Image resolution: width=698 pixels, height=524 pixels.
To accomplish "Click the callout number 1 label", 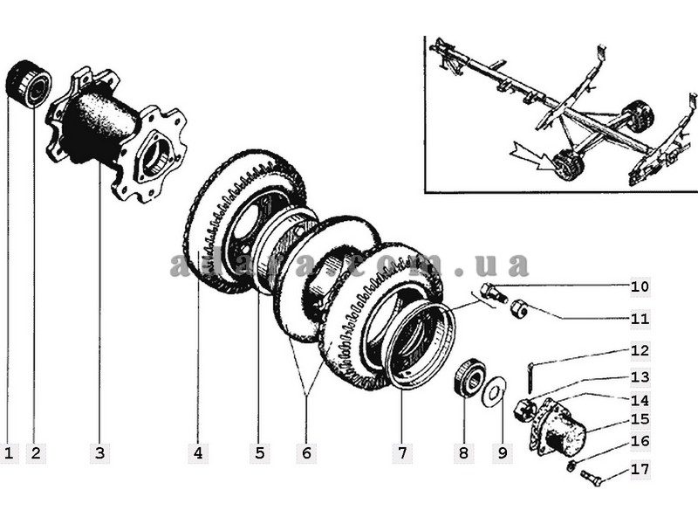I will point(10,453).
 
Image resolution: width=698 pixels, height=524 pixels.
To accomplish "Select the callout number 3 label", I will point(99,453).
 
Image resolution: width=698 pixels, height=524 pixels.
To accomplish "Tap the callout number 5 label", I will point(259,453).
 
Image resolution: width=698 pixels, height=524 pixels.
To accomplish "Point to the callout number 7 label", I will point(402,453).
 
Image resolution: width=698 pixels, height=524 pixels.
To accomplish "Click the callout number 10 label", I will point(640,286).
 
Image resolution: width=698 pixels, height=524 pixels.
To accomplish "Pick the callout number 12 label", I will point(640,351).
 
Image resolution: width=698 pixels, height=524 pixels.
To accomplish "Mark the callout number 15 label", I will point(640,420).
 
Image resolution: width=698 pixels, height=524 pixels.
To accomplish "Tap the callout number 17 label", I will point(640,469).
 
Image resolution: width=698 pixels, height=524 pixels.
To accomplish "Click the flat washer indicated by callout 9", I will point(494,388).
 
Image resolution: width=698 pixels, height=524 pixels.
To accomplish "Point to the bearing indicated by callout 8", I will point(469,376).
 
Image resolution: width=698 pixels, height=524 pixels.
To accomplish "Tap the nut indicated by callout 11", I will point(517,308).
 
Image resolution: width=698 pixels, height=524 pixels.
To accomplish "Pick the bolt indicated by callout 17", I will point(591,478).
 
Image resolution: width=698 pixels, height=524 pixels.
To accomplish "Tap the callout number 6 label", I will point(306,453).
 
